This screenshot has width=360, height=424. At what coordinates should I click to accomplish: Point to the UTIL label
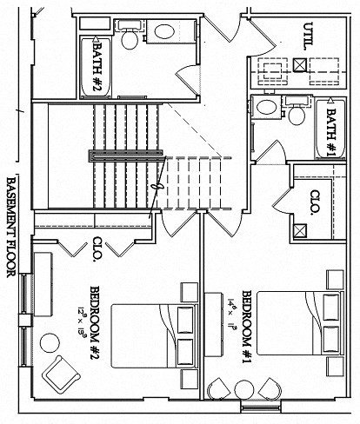pos(308,36)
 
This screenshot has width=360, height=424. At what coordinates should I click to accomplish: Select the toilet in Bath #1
pos(296,113)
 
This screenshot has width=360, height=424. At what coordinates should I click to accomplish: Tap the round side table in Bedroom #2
pos(45,340)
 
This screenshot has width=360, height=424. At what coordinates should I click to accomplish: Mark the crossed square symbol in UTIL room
pos(299,64)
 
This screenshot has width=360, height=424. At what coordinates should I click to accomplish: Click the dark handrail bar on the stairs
pos(126,154)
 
